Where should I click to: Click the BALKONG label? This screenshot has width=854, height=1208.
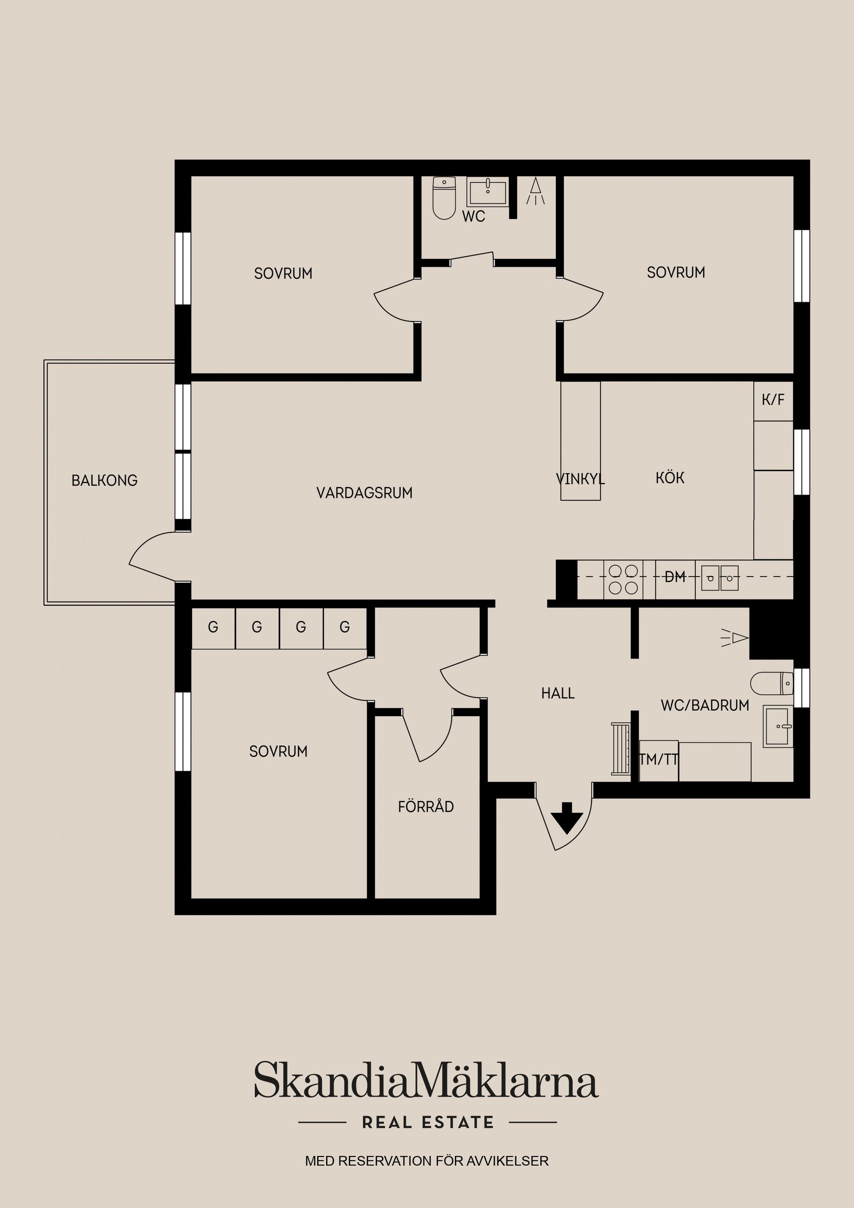click(104, 480)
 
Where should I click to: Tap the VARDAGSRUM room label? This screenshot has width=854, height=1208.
click(364, 493)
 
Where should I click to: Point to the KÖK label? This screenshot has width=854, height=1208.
click(670, 478)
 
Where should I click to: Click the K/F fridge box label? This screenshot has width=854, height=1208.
click(773, 400)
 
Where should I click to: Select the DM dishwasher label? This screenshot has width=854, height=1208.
click(675, 577)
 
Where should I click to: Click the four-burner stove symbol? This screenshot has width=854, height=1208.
click(624, 579)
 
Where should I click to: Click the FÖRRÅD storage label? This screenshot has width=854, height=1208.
click(426, 806)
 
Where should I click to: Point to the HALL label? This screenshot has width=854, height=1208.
click(558, 693)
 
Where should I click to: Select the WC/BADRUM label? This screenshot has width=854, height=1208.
click(705, 705)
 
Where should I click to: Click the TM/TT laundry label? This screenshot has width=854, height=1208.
click(659, 760)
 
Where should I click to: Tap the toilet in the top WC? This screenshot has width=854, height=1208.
click(444, 198)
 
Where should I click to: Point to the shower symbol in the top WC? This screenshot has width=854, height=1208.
click(536, 192)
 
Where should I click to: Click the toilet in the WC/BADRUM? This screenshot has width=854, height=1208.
click(772, 683)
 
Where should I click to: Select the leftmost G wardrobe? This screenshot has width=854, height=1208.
click(213, 628)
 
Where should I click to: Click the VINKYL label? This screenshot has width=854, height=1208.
click(580, 479)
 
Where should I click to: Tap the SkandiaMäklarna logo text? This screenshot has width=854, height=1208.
click(427, 1079)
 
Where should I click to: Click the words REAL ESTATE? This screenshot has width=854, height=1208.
click(428, 1122)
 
